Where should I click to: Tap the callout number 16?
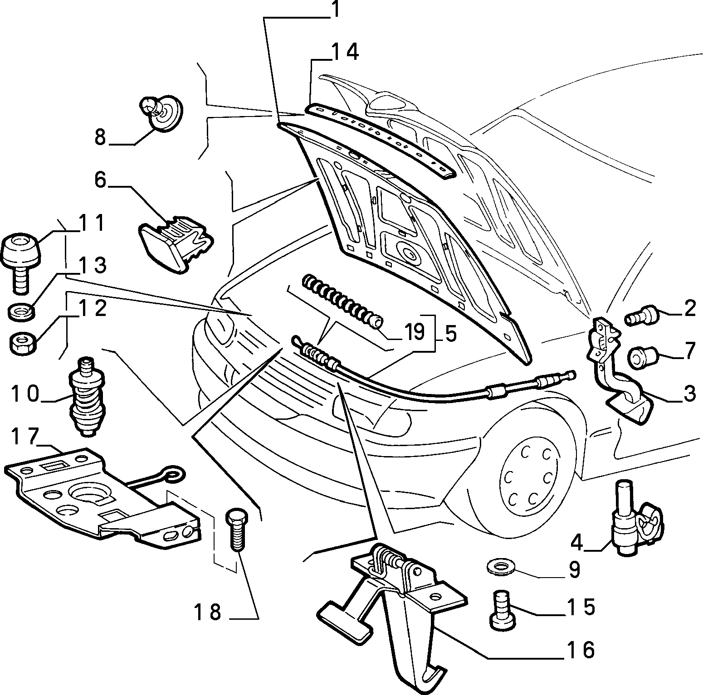578,650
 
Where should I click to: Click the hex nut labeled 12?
22,343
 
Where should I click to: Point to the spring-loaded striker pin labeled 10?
88,397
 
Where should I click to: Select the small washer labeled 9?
501,566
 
